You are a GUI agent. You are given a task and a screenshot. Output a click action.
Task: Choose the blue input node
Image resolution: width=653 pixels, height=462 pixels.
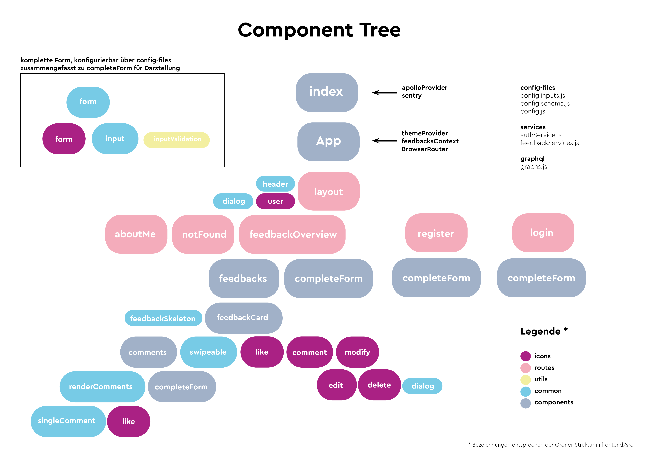[115, 139]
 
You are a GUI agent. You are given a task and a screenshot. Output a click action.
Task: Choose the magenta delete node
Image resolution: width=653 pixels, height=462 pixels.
[379, 385]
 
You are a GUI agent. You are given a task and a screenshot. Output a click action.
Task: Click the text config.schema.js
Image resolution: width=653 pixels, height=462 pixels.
[545, 103]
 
